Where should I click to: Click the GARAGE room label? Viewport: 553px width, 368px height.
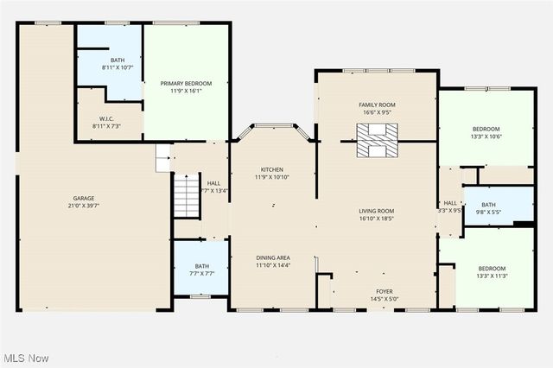coord(84,198)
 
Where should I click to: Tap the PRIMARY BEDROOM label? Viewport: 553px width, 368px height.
coord(186,83)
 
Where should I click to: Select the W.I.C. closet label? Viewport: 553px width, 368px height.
coord(105,119)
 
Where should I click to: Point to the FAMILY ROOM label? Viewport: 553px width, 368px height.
coord(377,105)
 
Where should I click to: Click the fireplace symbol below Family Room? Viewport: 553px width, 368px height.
coord(378,140)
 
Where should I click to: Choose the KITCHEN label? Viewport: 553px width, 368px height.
coord(272,169)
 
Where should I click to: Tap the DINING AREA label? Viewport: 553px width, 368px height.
coord(272,257)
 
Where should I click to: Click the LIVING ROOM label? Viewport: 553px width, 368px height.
coord(377,211)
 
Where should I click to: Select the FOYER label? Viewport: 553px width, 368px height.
coord(384,291)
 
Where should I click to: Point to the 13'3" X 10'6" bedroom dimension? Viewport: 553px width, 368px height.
coord(486,136)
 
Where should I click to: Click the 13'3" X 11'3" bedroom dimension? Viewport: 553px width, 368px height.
coord(492,276)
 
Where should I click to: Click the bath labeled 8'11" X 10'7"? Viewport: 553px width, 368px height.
coord(111,67)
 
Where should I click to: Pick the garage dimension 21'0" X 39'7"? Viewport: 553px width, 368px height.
coord(84,206)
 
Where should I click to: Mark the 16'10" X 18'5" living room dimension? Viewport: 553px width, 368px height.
coord(377,219)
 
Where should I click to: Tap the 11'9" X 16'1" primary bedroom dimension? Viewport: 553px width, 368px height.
coord(186,91)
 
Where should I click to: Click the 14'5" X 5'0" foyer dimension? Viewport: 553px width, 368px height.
coord(384,299)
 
